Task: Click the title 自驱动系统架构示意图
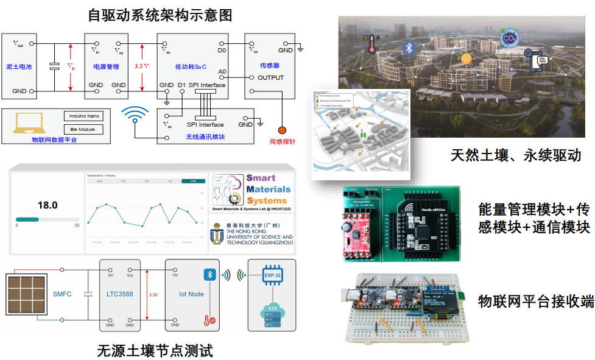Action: tap(160, 13)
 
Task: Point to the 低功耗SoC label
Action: tap(191, 66)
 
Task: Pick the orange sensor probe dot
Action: tap(282, 130)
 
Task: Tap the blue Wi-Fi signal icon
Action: tap(135, 116)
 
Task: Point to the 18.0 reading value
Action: tap(48, 205)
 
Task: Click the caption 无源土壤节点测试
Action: tap(155, 350)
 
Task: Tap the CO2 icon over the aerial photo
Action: tap(508, 40)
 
